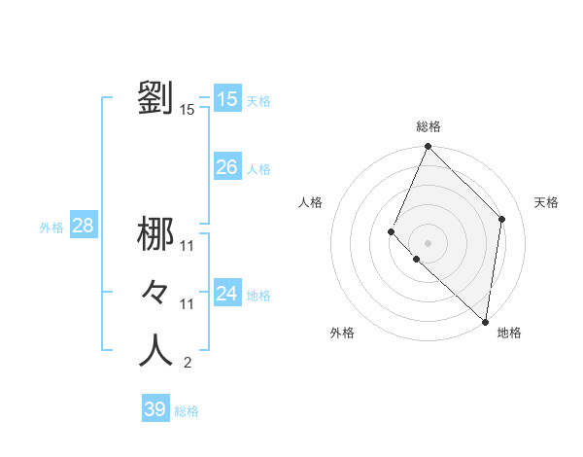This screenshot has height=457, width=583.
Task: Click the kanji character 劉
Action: tap(155, 98)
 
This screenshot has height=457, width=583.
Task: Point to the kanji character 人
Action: tap(155, 351)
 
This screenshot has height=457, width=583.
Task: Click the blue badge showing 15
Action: tap(226, 99)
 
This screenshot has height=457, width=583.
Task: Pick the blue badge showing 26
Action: tap(226, 167)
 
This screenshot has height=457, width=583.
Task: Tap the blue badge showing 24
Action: tap(226, 294)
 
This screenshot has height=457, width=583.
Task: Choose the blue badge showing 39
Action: tap(154, 409)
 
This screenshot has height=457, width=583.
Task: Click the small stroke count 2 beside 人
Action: tap(188, 364)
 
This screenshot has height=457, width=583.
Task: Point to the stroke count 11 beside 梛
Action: tap(188, 246)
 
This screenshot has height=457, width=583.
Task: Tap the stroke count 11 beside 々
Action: tap(188, 305)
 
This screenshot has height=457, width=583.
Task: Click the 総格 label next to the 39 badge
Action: tap(187, 411)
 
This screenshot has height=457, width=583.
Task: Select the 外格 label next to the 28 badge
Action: tap(51, 228)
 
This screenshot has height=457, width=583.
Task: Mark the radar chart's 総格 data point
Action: tap(428, 147)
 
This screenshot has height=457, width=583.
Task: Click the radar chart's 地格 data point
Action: tap(485, 322)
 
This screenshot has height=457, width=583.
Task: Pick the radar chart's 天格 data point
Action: tap(502, 219)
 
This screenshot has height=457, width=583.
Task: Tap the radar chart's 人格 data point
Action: tap(391, 231)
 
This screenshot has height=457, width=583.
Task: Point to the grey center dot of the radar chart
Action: tap(428, 243)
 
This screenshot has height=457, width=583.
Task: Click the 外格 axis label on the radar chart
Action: tap(342, 333)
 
